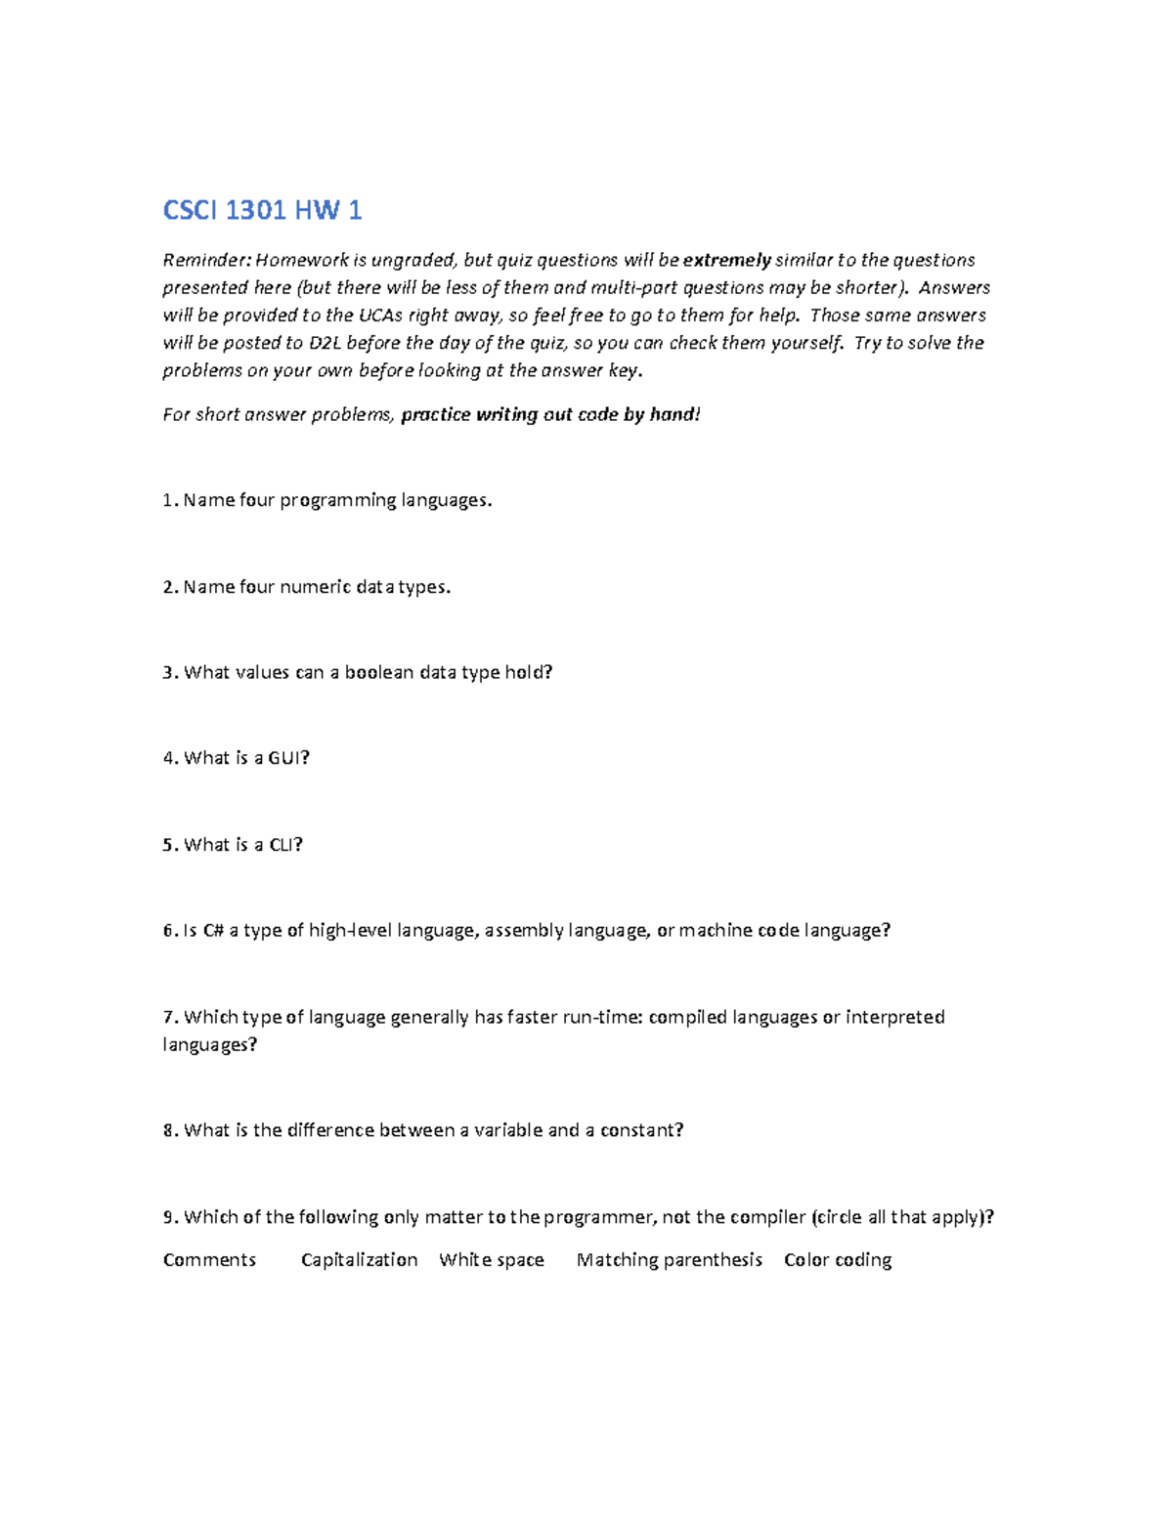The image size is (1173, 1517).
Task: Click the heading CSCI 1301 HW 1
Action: click(x=262, y=210)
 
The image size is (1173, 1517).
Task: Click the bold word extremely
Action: click(x=726, y=260)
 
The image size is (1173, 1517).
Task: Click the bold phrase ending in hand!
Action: click(x=550, y=414)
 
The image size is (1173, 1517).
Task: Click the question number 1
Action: click(x=167, y=500)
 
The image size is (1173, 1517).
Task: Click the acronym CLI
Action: click(x=283, y=845)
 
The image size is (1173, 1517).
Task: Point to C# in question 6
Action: click(x=214, y=930)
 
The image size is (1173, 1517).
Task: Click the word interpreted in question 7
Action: click(x=894, y=1017)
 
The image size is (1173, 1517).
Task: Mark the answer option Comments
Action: click(x=209, y=1260)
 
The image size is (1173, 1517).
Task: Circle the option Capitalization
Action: click(x=359, y=1260)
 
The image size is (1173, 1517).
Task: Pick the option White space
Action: click(x=491, y=1260)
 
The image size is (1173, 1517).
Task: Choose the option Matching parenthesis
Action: click(x=669, y=1260)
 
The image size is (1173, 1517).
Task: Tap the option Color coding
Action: click(x=837, y=1260)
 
